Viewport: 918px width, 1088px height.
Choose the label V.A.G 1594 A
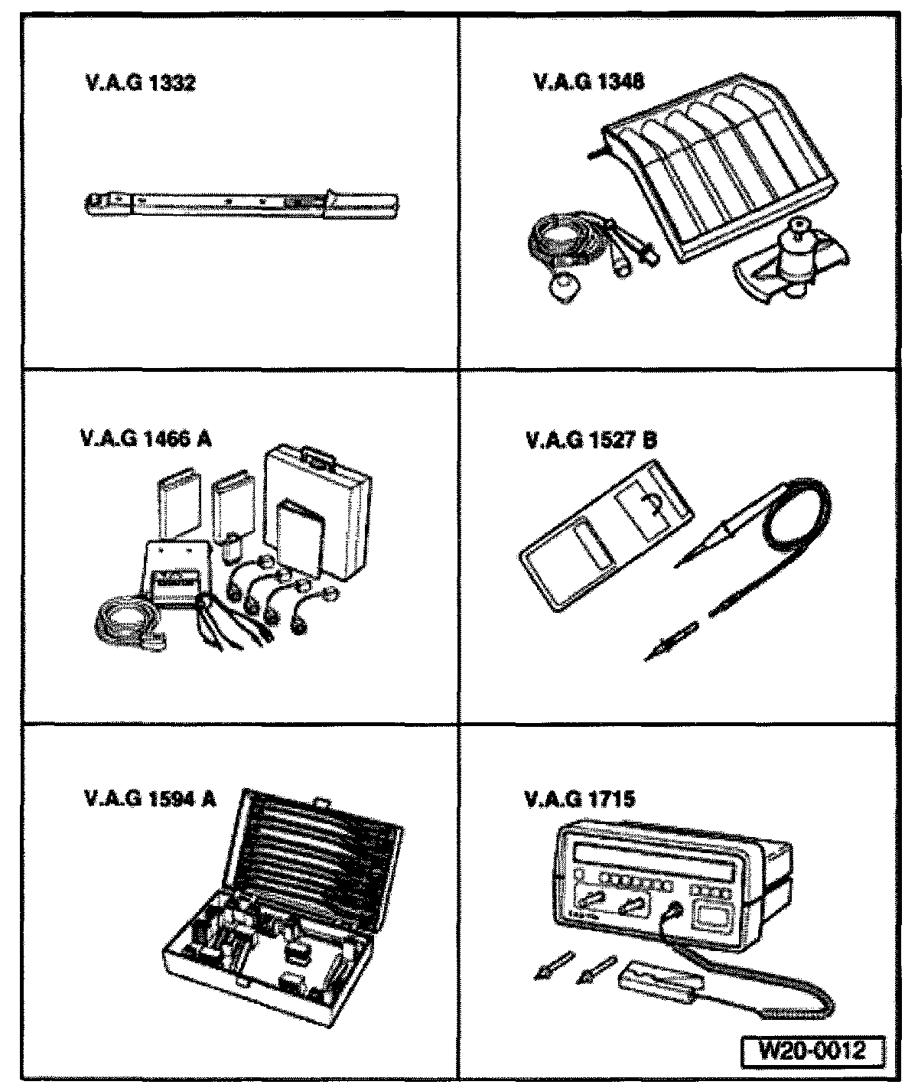coord(150,800)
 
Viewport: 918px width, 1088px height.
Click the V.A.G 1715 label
coord(579,800)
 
